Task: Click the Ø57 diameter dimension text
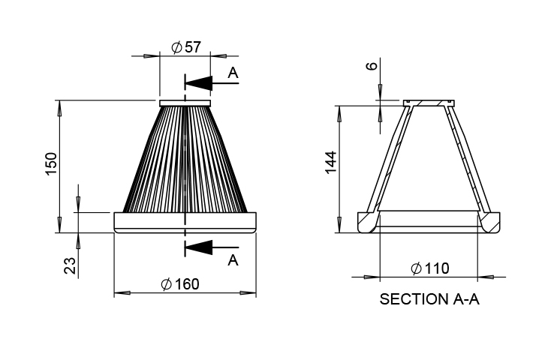[186, 47]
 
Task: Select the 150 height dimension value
[51, 163]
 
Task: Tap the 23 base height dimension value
[70, 265]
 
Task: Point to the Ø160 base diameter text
[180, 284]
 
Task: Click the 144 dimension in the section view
[330, 162]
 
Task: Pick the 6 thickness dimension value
[372, 66]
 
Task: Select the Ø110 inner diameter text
[430, 268]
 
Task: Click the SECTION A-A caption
[429, 299]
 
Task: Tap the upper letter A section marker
[233, 73]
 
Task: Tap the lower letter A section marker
[233, 260]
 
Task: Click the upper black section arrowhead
[198, 83]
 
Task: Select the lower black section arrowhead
[198, 247]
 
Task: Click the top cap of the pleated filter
[185, 103]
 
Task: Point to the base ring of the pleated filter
[185, 223]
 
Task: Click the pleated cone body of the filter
[185, 159]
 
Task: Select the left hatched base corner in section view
[368, 222]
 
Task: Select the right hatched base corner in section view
[489, 222]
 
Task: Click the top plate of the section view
[429, 103]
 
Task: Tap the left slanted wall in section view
[390, 159]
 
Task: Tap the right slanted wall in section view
[468, 159]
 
